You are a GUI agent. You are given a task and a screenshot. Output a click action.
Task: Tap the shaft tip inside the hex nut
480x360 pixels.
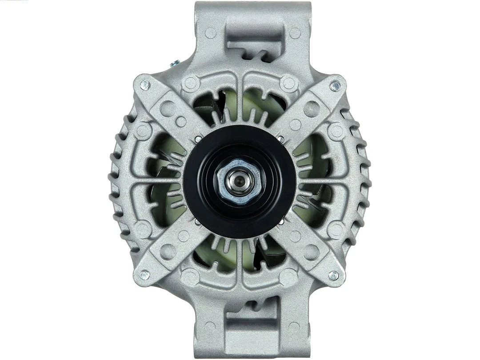(234, 180)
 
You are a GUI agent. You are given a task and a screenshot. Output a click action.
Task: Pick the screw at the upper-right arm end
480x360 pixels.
(334, 85)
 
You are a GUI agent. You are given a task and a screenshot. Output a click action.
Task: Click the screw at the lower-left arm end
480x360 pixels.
(145, 275)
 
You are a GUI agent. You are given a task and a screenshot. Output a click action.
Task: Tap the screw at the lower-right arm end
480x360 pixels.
(334, 275)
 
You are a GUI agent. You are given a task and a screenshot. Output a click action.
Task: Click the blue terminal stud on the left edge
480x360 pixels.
(176, 63)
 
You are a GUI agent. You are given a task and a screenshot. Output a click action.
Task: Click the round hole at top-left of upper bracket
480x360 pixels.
(211, 32)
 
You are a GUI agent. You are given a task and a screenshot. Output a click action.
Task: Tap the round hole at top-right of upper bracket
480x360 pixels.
(295, 32)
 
